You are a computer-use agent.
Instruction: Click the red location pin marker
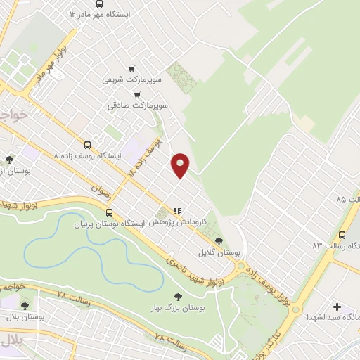pyautogui.click(x=181, y=165)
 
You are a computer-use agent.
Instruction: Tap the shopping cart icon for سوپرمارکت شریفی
pyautogui.click(x=131, y=68)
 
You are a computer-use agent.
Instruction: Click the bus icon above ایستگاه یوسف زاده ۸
pyautogui.click(x=87, y=143)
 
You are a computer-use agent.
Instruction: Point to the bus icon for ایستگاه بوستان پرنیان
pyautogui.click(x=108, y=212)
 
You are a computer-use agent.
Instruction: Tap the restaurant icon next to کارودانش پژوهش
pyautogui.click(x=177, y=210)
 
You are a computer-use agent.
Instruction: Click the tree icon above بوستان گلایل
pyautogui.click(x=219, y=240)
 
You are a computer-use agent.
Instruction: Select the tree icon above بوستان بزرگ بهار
pyautogui.click(x=176, y=297)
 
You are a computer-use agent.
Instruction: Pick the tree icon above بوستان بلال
pyautogui.click(x=25, y=305)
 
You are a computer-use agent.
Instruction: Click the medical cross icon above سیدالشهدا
pyautogui.click(x=337, y=307)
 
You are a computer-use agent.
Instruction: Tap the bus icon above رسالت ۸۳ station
pyautogui.click(x=342, y=235)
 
